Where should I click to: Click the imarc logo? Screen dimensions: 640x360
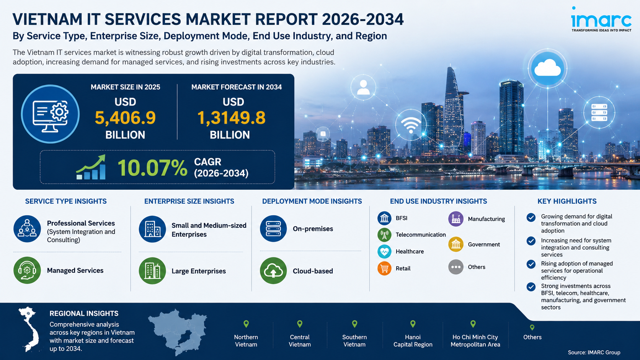coord(601,19)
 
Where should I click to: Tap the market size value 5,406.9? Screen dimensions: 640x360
coord(125,117)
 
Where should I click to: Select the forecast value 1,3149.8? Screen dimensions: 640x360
coord(231,117)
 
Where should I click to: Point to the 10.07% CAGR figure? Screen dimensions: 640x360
coord(152,168)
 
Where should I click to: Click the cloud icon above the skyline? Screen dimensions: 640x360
coord(547,69)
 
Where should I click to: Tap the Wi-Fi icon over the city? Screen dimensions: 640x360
coord(411,125)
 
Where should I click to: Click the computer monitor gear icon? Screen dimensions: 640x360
coord(50,114)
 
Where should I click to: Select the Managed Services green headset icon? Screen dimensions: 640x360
coord(27,270)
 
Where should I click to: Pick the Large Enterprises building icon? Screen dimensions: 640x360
coord(152,270)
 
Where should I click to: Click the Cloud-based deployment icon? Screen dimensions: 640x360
coord(273,270)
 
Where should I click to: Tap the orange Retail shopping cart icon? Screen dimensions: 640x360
coord(384,268)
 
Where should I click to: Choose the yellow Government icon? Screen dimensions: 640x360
coord(456,244)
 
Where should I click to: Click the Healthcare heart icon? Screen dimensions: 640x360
coord(384,251)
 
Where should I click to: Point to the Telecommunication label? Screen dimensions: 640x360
coord(421,235)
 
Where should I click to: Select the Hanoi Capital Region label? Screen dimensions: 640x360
coord(413,340)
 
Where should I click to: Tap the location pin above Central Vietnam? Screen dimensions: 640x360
coord(300,324)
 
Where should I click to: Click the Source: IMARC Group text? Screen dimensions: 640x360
coord(594,352)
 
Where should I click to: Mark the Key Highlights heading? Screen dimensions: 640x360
coord(567,201)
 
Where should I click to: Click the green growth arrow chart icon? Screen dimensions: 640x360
coord(91,167)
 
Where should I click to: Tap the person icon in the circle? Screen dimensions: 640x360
coord(363,87)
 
